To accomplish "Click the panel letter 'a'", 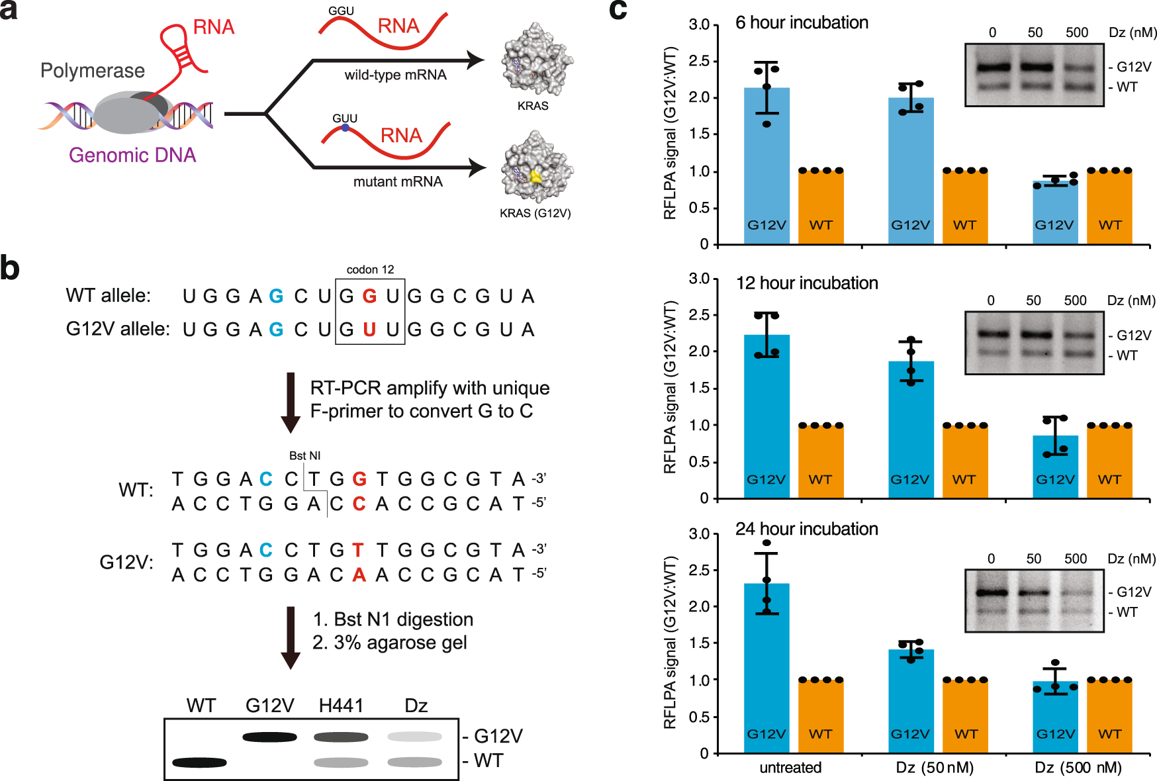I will pos(9,12).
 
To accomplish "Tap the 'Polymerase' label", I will pos(92,71).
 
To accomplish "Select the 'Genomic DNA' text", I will pos(132,155).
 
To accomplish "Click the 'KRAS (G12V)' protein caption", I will pos(535,213).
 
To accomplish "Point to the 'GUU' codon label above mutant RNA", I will pos(345,118).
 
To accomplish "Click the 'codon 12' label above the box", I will pos(370,269).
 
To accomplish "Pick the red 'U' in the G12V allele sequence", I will pos(369,329).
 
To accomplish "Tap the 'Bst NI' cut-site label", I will pos(304,455).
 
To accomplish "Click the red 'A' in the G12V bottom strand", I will pos(359,574).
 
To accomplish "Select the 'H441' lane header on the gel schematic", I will pos(341,706).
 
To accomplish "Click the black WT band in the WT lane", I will pos(199,762).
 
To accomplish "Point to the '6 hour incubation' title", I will pos(802,23).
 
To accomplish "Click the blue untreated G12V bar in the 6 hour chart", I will pos(766,165).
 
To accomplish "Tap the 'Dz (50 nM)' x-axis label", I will pos(935,768).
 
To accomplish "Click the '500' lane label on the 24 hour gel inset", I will pos(1076,559).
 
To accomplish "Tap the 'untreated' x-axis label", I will pos(790,768).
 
